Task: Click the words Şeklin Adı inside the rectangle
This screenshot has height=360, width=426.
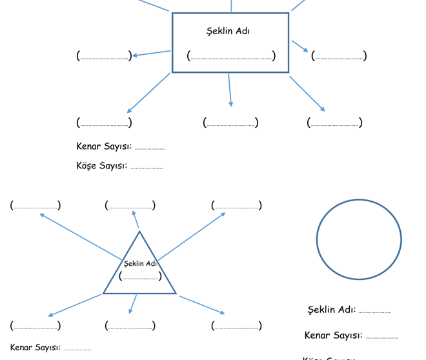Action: coord(228,31)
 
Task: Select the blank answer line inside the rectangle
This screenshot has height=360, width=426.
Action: coord(231,56)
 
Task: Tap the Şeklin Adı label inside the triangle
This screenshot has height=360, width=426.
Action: coord(140,263)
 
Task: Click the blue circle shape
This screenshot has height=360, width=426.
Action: coord(359,239)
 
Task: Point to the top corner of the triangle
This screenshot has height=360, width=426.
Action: coord(139,232)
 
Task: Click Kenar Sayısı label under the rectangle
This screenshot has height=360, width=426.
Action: coord(104,146)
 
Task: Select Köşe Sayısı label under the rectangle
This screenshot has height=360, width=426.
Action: coord(101,166)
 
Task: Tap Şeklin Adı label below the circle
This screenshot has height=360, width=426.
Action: coord(331,310)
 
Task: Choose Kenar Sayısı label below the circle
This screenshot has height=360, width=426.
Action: coord(333,335)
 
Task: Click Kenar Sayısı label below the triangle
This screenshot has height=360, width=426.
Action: coord(35,348)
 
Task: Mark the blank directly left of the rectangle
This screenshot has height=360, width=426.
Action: coord(104,56)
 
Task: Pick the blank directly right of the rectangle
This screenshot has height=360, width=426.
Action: coord(339,56)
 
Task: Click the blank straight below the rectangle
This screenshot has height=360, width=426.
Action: coord(230,123)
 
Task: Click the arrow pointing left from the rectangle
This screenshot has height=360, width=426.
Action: coord(152,54)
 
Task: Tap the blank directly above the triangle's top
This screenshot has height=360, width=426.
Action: coord(130,206)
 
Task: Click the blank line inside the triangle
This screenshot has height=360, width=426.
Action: coord(140,277)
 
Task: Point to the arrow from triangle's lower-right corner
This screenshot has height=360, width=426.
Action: coord(201,305)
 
